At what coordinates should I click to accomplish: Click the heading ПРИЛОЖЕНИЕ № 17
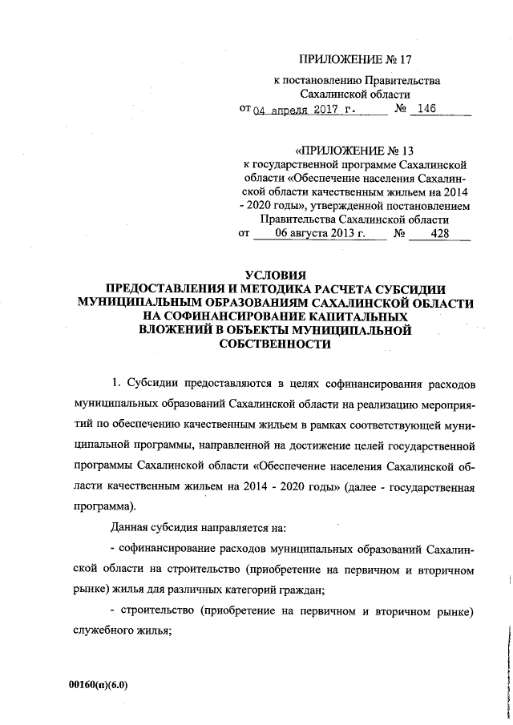358,59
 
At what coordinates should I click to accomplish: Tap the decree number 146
425,110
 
